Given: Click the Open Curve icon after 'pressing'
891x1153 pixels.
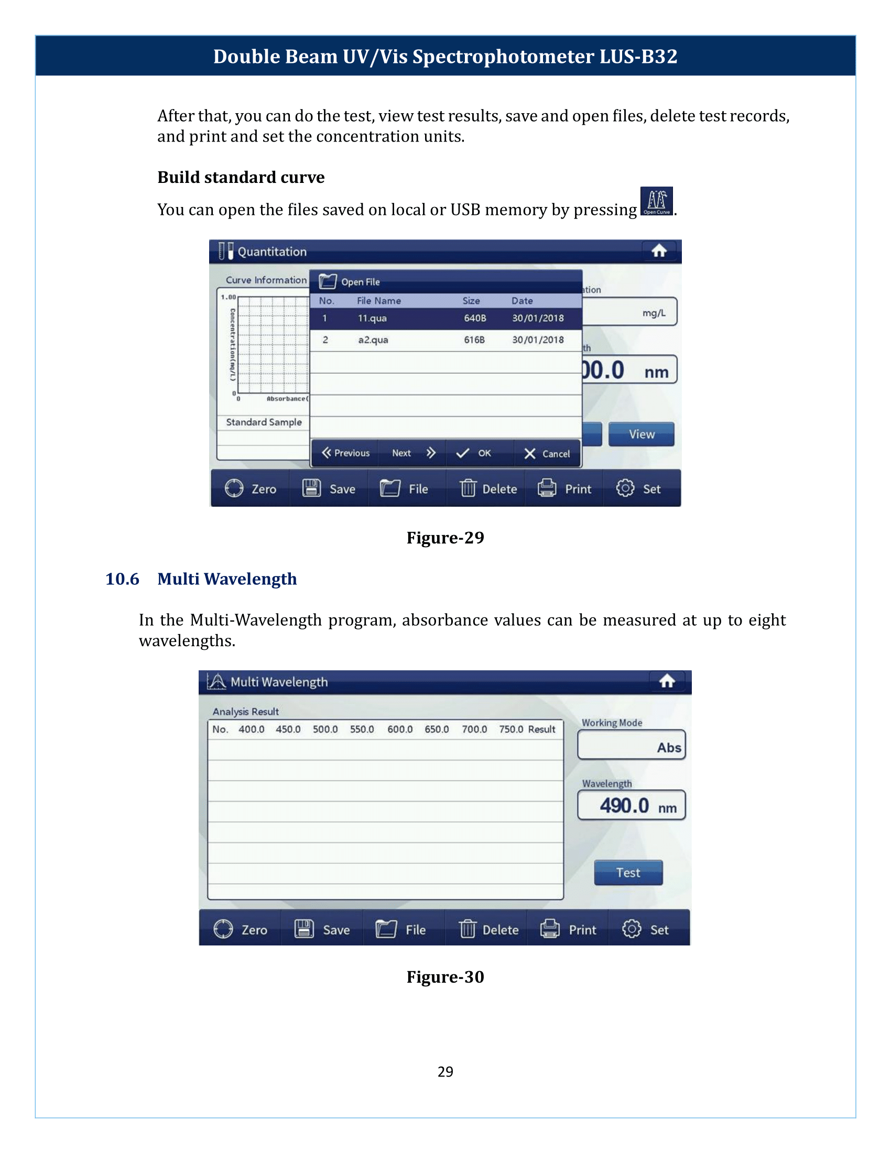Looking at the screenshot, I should point(656,201).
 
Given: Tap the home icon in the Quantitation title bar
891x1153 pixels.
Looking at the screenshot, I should point(659,251).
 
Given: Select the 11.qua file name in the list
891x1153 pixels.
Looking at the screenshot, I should point(372,318).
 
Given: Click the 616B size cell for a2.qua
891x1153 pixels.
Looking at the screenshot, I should point(474,340).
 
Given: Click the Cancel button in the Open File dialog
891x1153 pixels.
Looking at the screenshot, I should point(547,453).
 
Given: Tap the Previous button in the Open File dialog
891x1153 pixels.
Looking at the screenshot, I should point(346,453).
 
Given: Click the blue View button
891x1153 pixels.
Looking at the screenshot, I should point(641,434).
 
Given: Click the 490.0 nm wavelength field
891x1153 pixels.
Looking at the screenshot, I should point(632,806).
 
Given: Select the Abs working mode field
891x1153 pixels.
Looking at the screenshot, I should point(632,745).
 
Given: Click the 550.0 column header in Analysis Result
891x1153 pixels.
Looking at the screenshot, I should point(362,730).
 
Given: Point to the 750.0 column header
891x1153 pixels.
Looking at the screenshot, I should point(510,730).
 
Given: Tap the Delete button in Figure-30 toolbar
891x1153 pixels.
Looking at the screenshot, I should point(489,930).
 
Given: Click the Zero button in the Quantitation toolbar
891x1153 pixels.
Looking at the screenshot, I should point(251,489).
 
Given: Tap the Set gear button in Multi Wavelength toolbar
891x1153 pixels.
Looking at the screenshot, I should point(646,930).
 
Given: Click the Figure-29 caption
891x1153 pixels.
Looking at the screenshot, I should point(445,537).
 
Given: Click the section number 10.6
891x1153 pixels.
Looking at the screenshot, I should point(122,579).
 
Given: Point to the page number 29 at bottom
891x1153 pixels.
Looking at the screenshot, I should point(445,1072).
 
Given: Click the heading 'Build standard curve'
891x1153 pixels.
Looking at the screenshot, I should point(241,177).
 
